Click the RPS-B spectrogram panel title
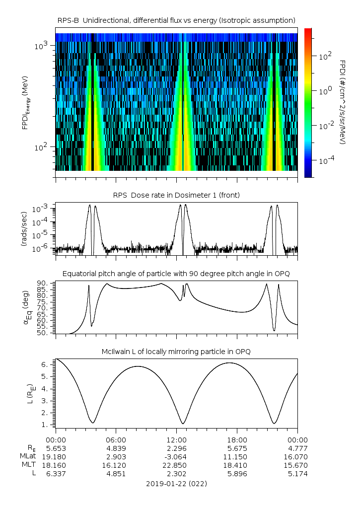(x=176, y=20)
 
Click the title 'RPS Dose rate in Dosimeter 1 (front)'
(x=176, y=195)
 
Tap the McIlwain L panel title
(x=176, y=352)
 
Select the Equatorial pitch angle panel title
(x=176, y=274)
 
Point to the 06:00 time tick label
(x=116, y=439)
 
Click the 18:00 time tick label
(x=237, y=439)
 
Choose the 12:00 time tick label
(x=176, y=439)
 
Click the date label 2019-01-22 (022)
(x=176, y=483)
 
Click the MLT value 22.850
(x=176, y=465)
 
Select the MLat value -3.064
(x=176, y=456)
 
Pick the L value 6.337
(x=56, y=473)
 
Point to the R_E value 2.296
(x=176, y=447)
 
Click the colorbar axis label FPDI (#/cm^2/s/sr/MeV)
(x=343, y=102)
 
